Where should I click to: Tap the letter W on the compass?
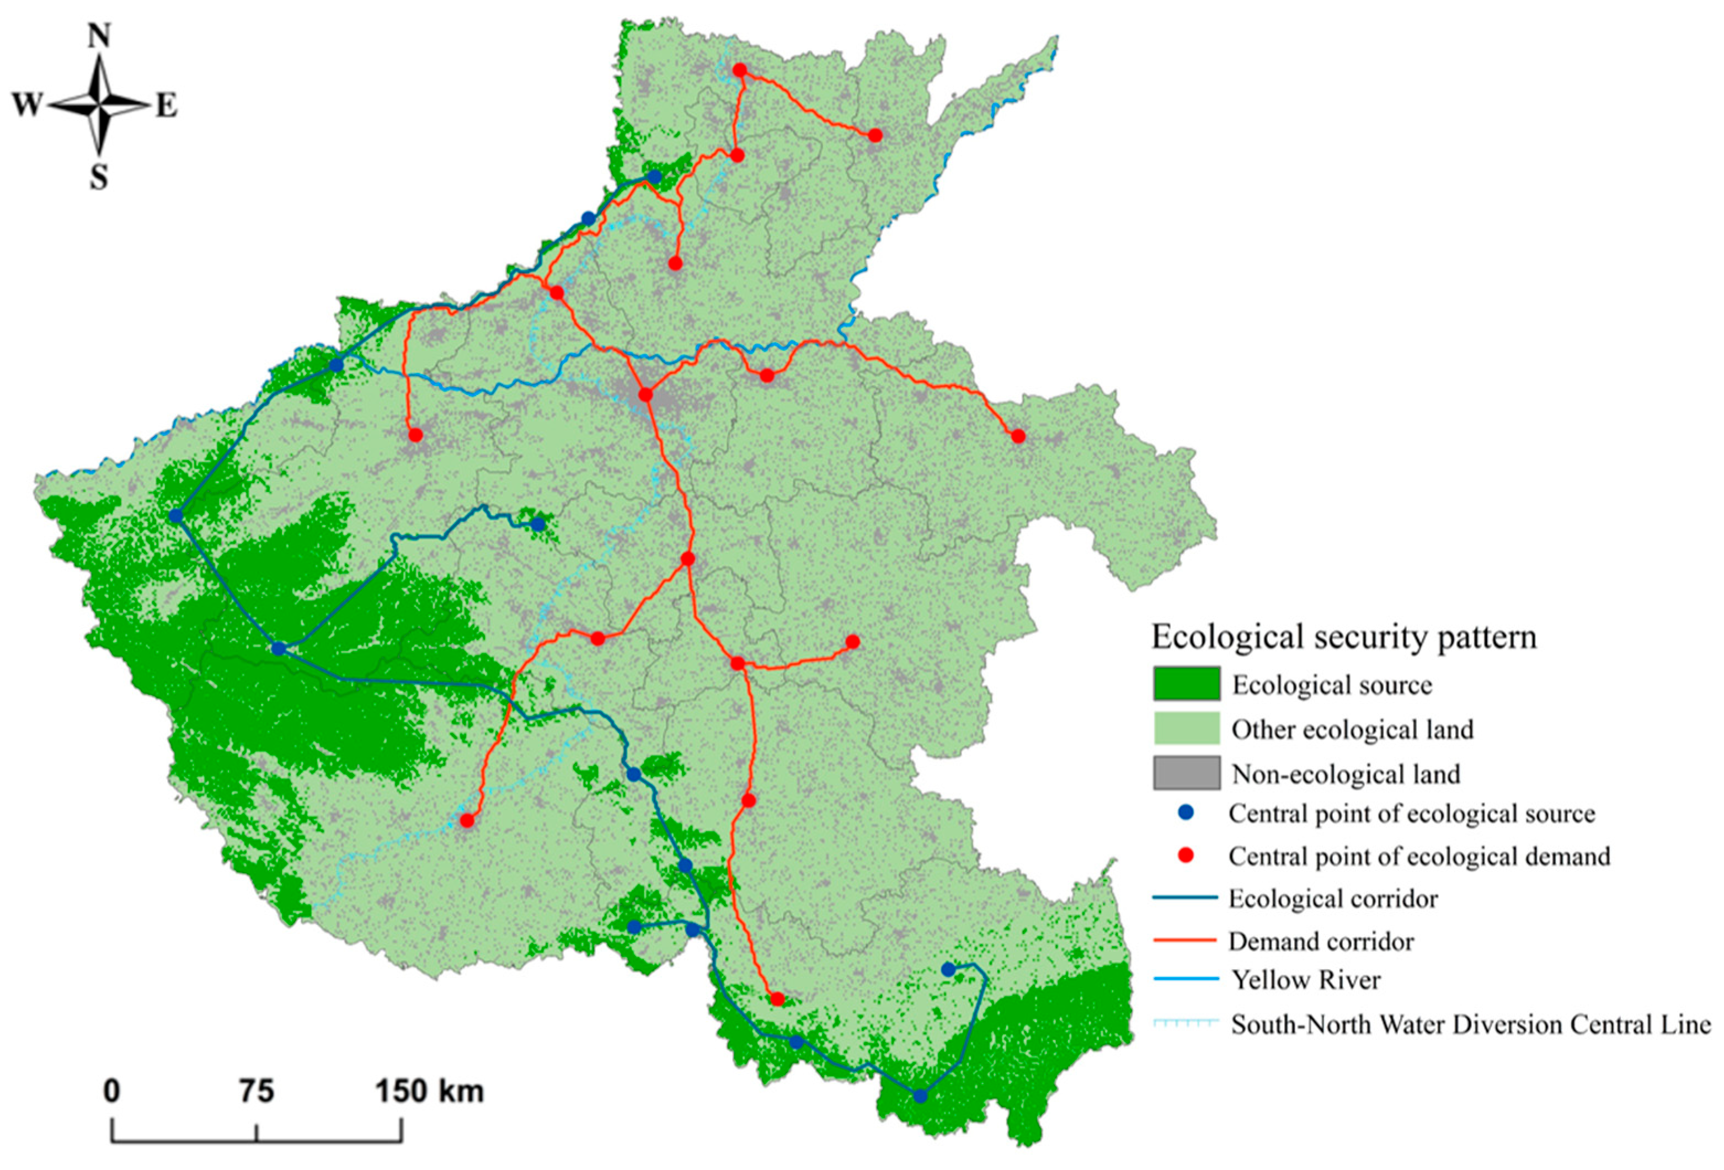(x=26, y=106)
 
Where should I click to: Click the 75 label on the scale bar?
(x=256, y=1091)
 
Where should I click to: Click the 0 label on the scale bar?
(x=111, y=1091)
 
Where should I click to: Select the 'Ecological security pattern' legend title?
(x=1343, y=637)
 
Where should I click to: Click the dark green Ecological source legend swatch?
(x=1186, y=684)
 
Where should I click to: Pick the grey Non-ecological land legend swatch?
(x=1186, y=773)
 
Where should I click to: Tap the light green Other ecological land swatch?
(x=1186, y=729)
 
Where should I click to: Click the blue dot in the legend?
(x=1186, y=814)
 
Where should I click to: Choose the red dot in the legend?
(x=1186, y=856)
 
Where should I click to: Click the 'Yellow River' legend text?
(x=1306, y=980)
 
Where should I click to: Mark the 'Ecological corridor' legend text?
(x=1333, y=899)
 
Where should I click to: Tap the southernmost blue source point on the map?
(x=920, y=1096)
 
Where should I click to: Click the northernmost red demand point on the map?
(x=740, y=70)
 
